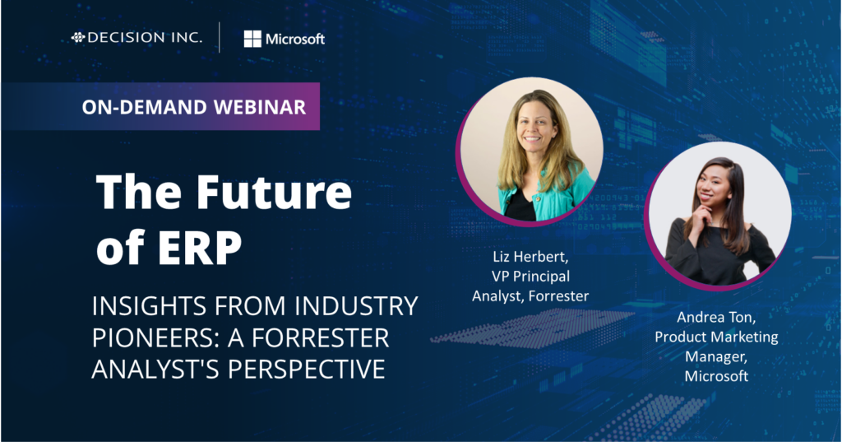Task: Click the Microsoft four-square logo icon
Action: [x=252, y=39]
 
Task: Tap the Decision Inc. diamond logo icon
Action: [x=78, y=37]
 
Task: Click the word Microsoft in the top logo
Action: [x=295, y=39]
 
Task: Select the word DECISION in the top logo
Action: [x=120, y=37]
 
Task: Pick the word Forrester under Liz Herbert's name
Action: [x=561, y=295]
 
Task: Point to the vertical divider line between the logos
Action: [x=220, y=38]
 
